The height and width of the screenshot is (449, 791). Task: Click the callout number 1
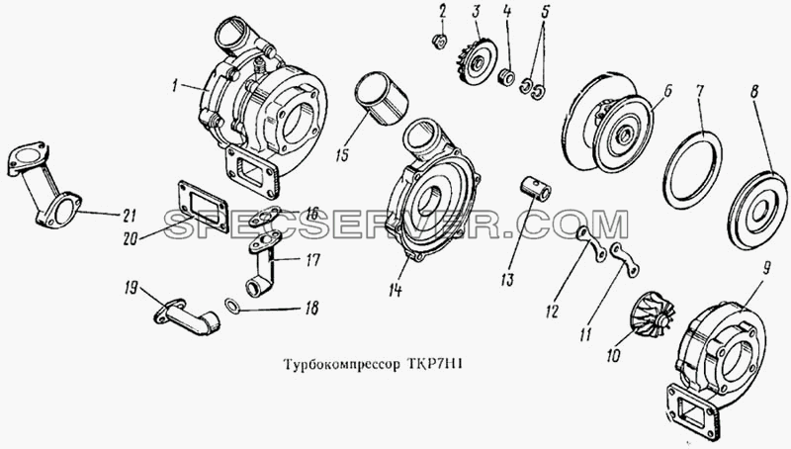point(175,87)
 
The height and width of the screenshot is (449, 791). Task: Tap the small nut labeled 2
point(440,41)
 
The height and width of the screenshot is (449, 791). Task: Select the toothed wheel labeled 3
point(477,63)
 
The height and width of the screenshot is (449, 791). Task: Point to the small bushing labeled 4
point(506,78)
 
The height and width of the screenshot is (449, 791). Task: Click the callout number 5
point(545,11)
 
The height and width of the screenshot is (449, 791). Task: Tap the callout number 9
point(765,269)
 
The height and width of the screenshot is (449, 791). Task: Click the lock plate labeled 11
point(625,261)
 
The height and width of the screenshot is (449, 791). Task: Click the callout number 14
point(395,290)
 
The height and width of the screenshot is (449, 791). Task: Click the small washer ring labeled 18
point(232,305)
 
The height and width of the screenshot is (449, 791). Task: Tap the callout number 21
point(130,216)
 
